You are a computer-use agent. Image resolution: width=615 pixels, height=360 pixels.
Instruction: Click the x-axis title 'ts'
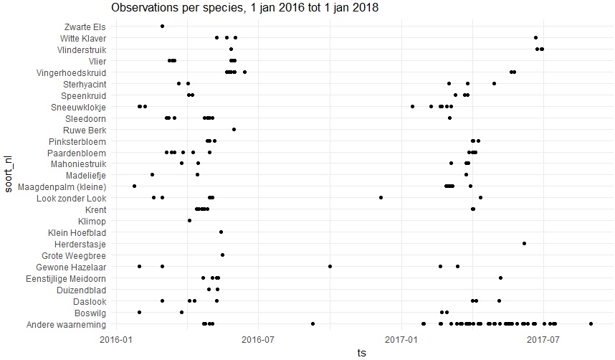(361, 352)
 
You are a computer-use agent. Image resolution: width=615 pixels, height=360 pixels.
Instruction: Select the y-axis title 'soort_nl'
(8, 176)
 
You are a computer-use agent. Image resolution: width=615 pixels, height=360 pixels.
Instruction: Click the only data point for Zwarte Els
(162, 26)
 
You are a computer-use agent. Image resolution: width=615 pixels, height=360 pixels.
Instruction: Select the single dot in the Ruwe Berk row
(234, 130)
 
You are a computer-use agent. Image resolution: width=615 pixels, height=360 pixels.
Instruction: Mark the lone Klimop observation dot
(189, 220)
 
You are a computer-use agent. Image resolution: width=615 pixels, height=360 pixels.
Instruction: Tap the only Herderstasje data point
(524, 243)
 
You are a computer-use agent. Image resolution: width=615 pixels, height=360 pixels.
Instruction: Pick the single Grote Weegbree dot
(222, 255)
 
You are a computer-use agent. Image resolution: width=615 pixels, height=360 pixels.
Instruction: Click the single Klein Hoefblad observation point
(221, 232)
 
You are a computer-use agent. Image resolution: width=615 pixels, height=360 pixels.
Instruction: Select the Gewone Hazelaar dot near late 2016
(330, 266)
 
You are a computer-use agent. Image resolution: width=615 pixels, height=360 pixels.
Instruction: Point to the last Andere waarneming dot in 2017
(591, 324)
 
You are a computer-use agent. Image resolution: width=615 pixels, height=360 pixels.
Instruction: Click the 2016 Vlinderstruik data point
(231, 49)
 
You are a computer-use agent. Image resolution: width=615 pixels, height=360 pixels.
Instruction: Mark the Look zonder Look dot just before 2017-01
(381, 197)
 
